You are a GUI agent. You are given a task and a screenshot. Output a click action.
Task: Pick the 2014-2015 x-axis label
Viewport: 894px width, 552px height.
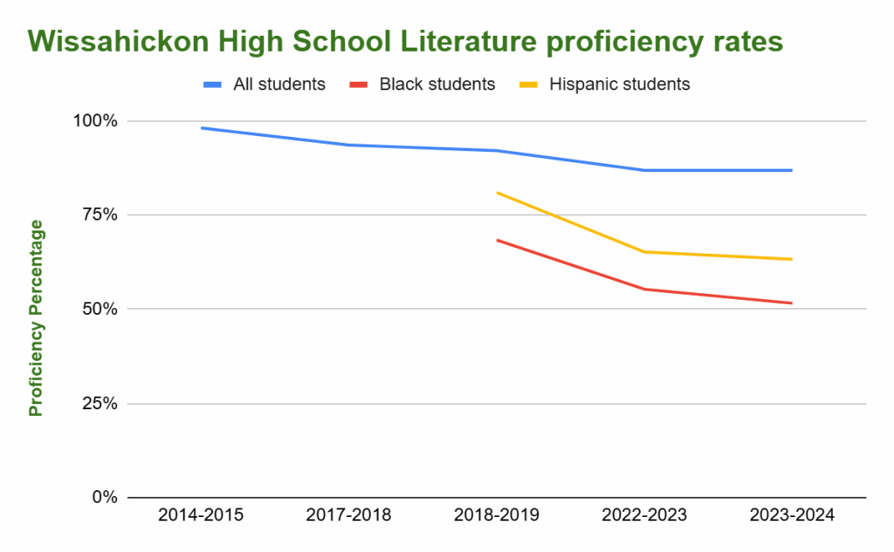[x=201, y=515]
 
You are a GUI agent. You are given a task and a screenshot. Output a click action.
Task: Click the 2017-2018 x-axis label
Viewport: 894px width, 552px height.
[x=348, y=515]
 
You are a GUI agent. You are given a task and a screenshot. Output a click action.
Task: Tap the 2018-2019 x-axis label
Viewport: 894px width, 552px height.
[x=496, y=515]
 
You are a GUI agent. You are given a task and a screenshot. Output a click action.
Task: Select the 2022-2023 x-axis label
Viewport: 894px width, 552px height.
[x=644, y=515]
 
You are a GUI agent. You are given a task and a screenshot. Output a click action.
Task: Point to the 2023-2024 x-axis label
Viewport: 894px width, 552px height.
[x=792, y=515]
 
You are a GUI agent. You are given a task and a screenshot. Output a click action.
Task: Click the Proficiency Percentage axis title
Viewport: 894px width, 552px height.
[x=36, y=317]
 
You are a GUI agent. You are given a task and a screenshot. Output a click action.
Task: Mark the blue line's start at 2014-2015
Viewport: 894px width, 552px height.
[x=202, y=128]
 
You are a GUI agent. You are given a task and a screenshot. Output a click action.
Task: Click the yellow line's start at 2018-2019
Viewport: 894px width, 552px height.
[x=497, y=193]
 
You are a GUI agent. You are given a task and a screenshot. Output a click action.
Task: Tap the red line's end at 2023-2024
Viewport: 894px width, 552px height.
[x=791, y=303]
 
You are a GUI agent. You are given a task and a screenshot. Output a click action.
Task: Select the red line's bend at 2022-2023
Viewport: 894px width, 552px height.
[x=644, y=289]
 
